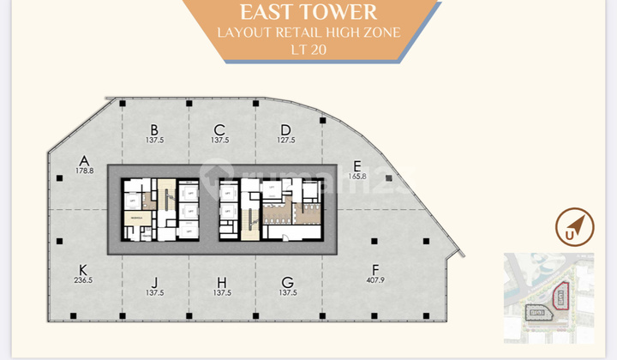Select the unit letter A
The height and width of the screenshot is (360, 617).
point(84,159)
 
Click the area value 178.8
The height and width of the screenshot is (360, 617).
point(84,171)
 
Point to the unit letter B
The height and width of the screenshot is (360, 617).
point(154,129)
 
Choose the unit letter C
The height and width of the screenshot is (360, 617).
point(220,129)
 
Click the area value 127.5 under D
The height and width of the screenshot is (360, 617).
point(286,141)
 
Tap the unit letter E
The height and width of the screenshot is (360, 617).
point(357,165)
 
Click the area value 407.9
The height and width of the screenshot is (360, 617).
point(374,279)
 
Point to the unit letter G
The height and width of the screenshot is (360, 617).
point(287,281)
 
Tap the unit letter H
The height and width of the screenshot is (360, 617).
point(221,281)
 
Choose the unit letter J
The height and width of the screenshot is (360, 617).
point(155,281)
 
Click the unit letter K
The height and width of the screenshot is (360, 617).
point(83,267)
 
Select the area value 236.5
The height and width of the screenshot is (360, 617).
point(83,279)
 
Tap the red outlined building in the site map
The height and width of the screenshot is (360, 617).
point(560,297)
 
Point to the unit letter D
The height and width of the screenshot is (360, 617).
point(286,129)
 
